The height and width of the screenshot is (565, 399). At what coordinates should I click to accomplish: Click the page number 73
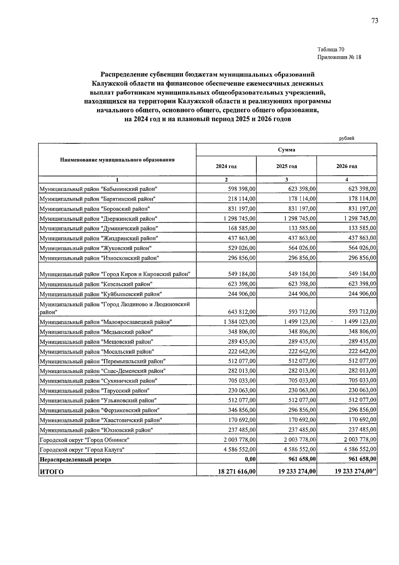375,21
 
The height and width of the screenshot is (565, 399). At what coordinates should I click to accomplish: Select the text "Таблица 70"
331,50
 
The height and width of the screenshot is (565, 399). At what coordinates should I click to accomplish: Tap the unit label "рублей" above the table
347,138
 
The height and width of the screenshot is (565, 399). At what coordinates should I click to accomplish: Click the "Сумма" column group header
286,150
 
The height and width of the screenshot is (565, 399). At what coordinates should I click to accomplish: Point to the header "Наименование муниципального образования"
117,160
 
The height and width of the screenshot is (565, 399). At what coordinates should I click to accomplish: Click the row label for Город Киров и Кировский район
115,274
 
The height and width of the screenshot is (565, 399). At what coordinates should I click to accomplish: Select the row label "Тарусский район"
94,391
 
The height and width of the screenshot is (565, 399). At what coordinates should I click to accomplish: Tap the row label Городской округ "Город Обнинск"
84,440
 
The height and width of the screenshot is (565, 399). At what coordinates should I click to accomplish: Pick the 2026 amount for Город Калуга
360,450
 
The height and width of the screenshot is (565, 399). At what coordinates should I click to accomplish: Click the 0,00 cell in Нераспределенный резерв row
249,460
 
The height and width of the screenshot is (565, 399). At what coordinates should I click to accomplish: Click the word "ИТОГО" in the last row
52,472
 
